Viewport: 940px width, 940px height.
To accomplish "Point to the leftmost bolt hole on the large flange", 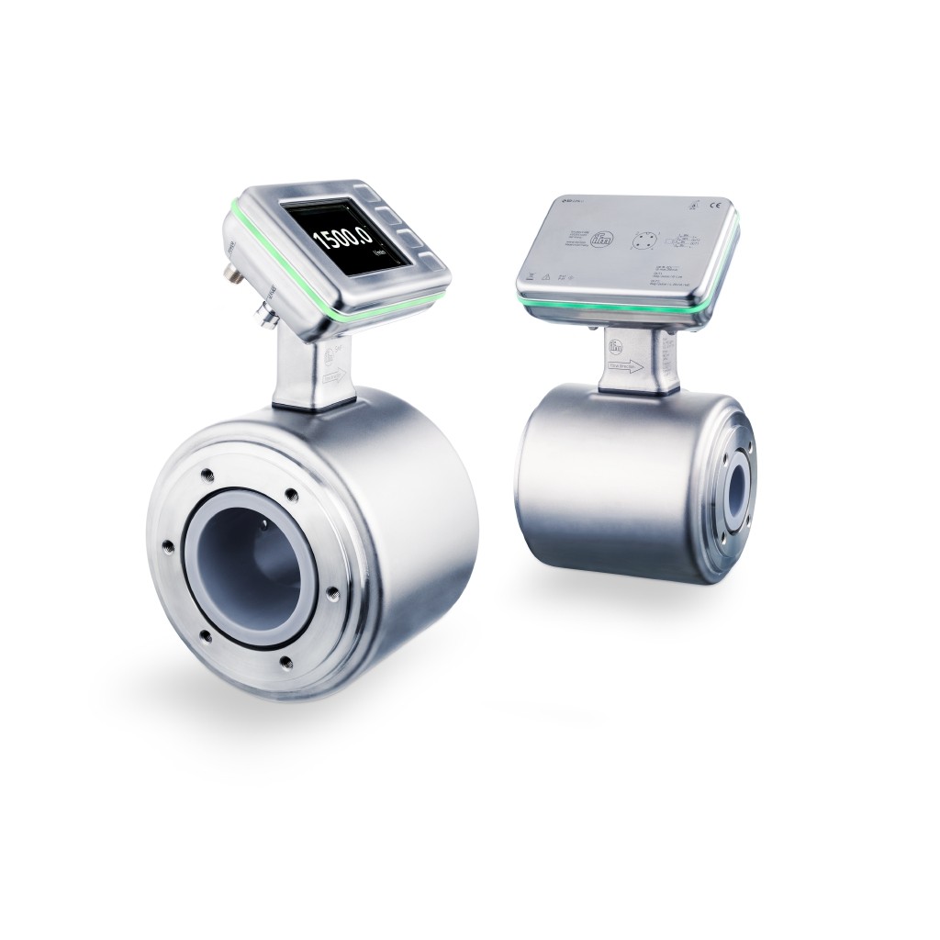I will pos(168,548).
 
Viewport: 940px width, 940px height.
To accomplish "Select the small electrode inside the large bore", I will pos(265,522).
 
